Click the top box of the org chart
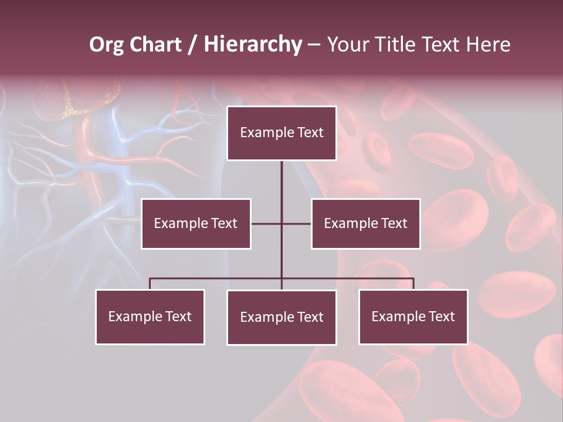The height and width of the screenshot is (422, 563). pos(281,133)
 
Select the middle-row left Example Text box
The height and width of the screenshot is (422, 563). pos(196,223)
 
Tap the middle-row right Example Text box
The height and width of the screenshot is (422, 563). pos(365,223)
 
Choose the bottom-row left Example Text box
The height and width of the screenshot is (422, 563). pos(150,316)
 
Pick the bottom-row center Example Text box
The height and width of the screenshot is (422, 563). pos(281,317)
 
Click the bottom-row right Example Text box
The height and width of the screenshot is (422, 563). pos(413,316)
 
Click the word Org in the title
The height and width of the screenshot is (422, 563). pos(106,45)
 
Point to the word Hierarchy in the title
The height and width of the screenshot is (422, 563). pos(253,45)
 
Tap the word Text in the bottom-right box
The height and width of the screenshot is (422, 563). pos(441,316)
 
